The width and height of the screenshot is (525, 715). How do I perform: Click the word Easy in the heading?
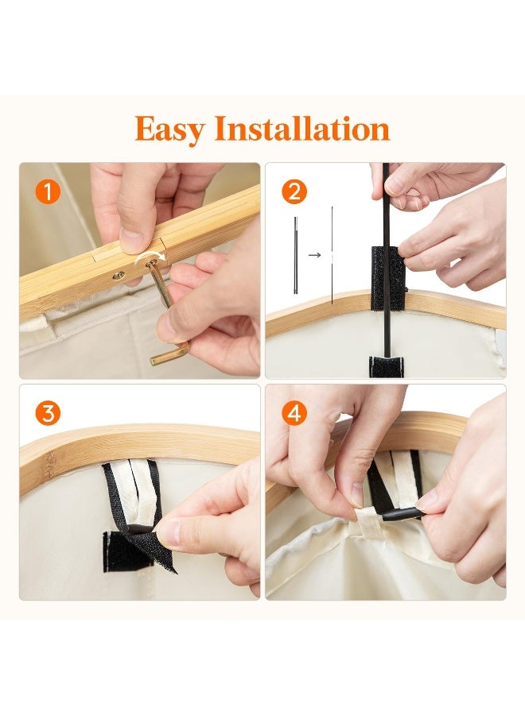tap(169, 129)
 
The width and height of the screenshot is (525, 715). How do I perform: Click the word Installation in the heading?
tap(302, 128)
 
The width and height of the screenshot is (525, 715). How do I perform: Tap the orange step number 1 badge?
tap(48, 191)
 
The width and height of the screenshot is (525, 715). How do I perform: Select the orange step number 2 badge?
tap(294, 191)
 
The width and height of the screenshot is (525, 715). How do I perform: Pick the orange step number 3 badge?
tap(48, 414)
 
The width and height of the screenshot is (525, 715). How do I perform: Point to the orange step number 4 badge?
tap(294, 414)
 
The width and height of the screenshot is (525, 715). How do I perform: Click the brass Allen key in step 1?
tap(165, 310)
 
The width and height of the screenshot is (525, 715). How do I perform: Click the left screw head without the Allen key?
tap(119, 275)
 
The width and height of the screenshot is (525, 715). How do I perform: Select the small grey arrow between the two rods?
tap(314, 255)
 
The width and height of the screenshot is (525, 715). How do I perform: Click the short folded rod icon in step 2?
tap(296, 255)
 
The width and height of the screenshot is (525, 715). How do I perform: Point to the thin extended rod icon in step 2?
tap(332, 255)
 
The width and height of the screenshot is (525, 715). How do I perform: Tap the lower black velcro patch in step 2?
tap(387, 367)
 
